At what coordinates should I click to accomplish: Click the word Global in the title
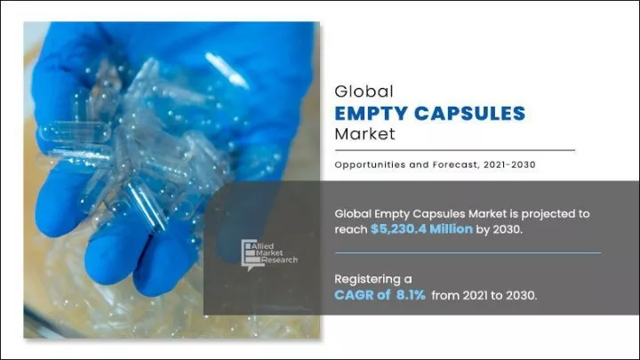(364, 92)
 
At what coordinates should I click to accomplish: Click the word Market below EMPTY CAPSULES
(365, 134)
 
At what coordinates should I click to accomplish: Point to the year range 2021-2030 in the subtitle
(509, 165)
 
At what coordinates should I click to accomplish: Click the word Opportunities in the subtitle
(370, 165)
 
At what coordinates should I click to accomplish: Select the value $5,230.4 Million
(421, 229)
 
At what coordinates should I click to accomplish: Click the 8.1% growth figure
(411, 295)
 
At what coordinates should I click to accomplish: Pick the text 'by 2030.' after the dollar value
(500, 230)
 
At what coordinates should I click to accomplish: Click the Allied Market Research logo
(269, 255)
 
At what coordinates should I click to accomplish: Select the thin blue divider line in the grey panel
(468, 253)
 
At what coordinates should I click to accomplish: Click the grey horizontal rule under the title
(455, 150)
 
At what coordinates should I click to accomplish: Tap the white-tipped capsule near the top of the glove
(227, 70)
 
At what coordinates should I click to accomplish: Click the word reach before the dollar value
(351, 230)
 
